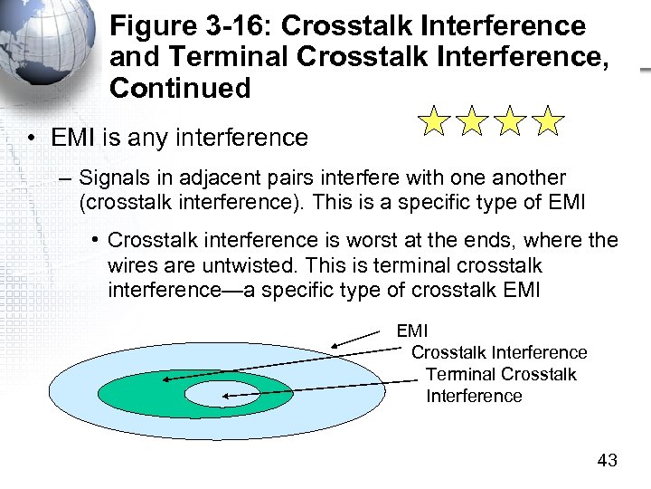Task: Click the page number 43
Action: [608, 460]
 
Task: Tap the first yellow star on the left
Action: [435, 121]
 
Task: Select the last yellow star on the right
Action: [547, 121]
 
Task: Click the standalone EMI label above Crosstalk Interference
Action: [412, 331]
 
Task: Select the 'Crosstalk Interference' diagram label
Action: [499, 352]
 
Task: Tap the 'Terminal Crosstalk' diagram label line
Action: [501, 374]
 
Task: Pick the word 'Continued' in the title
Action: [180, 88]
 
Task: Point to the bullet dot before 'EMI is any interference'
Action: [31, 139]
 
